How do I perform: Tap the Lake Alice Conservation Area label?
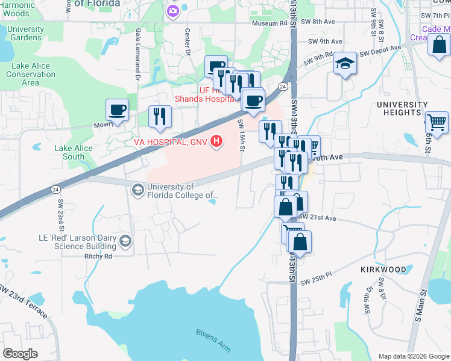[31, 74]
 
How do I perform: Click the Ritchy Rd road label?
[99, 256]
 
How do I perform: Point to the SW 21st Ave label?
[317, 217]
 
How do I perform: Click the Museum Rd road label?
[270, 23]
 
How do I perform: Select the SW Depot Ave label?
[380, 51]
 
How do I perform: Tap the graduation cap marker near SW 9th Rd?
[345, 63]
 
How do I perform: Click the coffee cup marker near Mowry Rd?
[117, 110]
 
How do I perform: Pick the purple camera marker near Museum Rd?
[173, 10]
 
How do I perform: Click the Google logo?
[20, 353]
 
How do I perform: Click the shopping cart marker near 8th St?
[437, 122]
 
